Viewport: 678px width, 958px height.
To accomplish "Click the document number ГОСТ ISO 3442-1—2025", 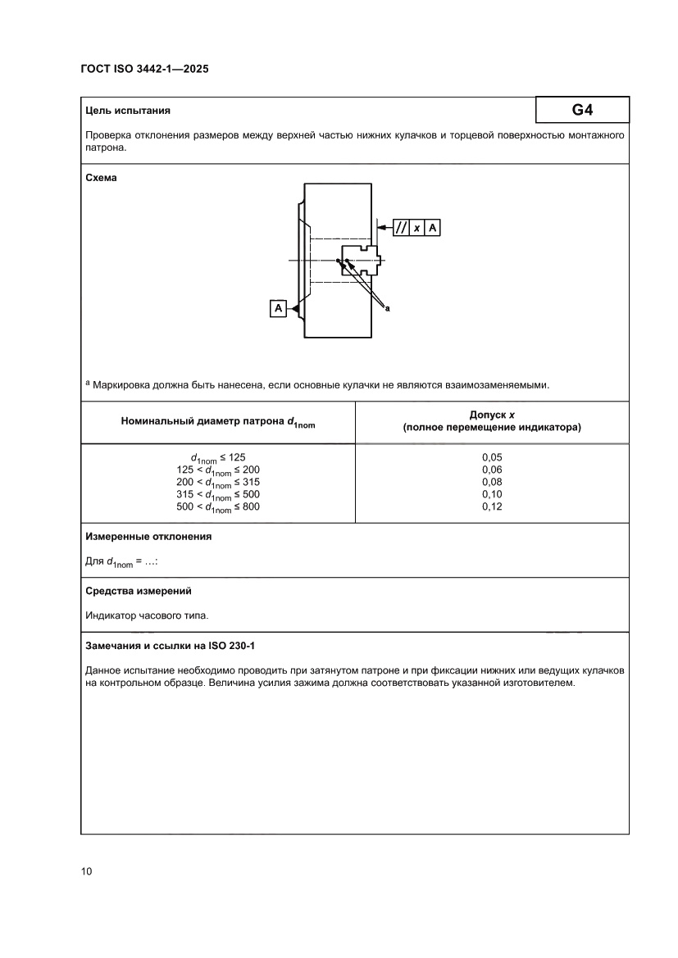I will (144, 70).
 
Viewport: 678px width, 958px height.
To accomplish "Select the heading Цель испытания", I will (128, 110).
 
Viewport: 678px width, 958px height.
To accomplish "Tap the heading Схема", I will (101, 177).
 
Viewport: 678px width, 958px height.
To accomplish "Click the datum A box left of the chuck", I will (279, 308).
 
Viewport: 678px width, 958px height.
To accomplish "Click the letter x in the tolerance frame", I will (417, 228).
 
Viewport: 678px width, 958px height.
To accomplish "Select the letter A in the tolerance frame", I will (433, 228).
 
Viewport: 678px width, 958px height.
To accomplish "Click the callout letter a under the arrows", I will (387, 309).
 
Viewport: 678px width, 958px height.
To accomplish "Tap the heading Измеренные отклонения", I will (148, 537).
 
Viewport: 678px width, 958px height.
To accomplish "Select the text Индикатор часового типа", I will (141, 615).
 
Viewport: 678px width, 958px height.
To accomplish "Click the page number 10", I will (87, 871).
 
